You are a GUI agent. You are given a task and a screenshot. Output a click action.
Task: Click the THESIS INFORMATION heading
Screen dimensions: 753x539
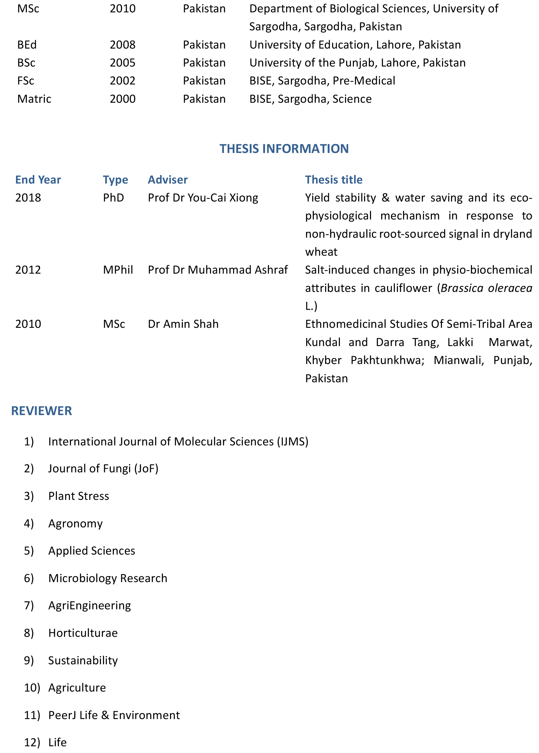coord(284,149)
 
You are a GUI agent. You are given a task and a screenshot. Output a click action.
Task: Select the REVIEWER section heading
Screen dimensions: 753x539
coord(42,411)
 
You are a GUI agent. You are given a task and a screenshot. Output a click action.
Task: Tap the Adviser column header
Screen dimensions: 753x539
coord(167,180)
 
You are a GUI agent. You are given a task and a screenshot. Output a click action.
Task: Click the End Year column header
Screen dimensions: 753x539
coord(38,180)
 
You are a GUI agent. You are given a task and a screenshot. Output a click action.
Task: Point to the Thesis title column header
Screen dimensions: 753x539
coord(334,180)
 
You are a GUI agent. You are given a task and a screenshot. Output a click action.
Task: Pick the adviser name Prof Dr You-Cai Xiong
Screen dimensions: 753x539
coord(203,198)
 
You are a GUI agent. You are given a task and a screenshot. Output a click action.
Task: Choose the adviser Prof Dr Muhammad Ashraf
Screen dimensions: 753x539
coord(218,270)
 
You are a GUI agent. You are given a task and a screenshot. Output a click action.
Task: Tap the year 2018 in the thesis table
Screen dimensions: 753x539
coord(28,198)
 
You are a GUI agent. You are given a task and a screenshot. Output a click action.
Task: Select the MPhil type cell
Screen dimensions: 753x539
coord(118,270)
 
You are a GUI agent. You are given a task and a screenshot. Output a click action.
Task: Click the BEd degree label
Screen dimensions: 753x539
coord(27,45)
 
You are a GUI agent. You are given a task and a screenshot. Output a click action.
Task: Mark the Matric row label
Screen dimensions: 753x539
coord(34,99)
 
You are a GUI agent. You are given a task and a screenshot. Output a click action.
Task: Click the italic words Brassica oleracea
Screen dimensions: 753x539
coord(486,288)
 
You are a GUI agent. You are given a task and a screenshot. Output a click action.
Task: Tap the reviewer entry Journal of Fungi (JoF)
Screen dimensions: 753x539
coord(103,468)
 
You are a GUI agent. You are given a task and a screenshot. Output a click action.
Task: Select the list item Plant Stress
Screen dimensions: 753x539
coord(79,496)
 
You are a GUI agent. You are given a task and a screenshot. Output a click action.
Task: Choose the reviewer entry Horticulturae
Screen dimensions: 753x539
coord(83,633)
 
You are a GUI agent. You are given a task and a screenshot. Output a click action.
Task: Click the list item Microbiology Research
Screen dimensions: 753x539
coord(108,578)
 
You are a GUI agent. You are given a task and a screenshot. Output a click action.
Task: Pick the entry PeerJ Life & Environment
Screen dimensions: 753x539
coord(114,715)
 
